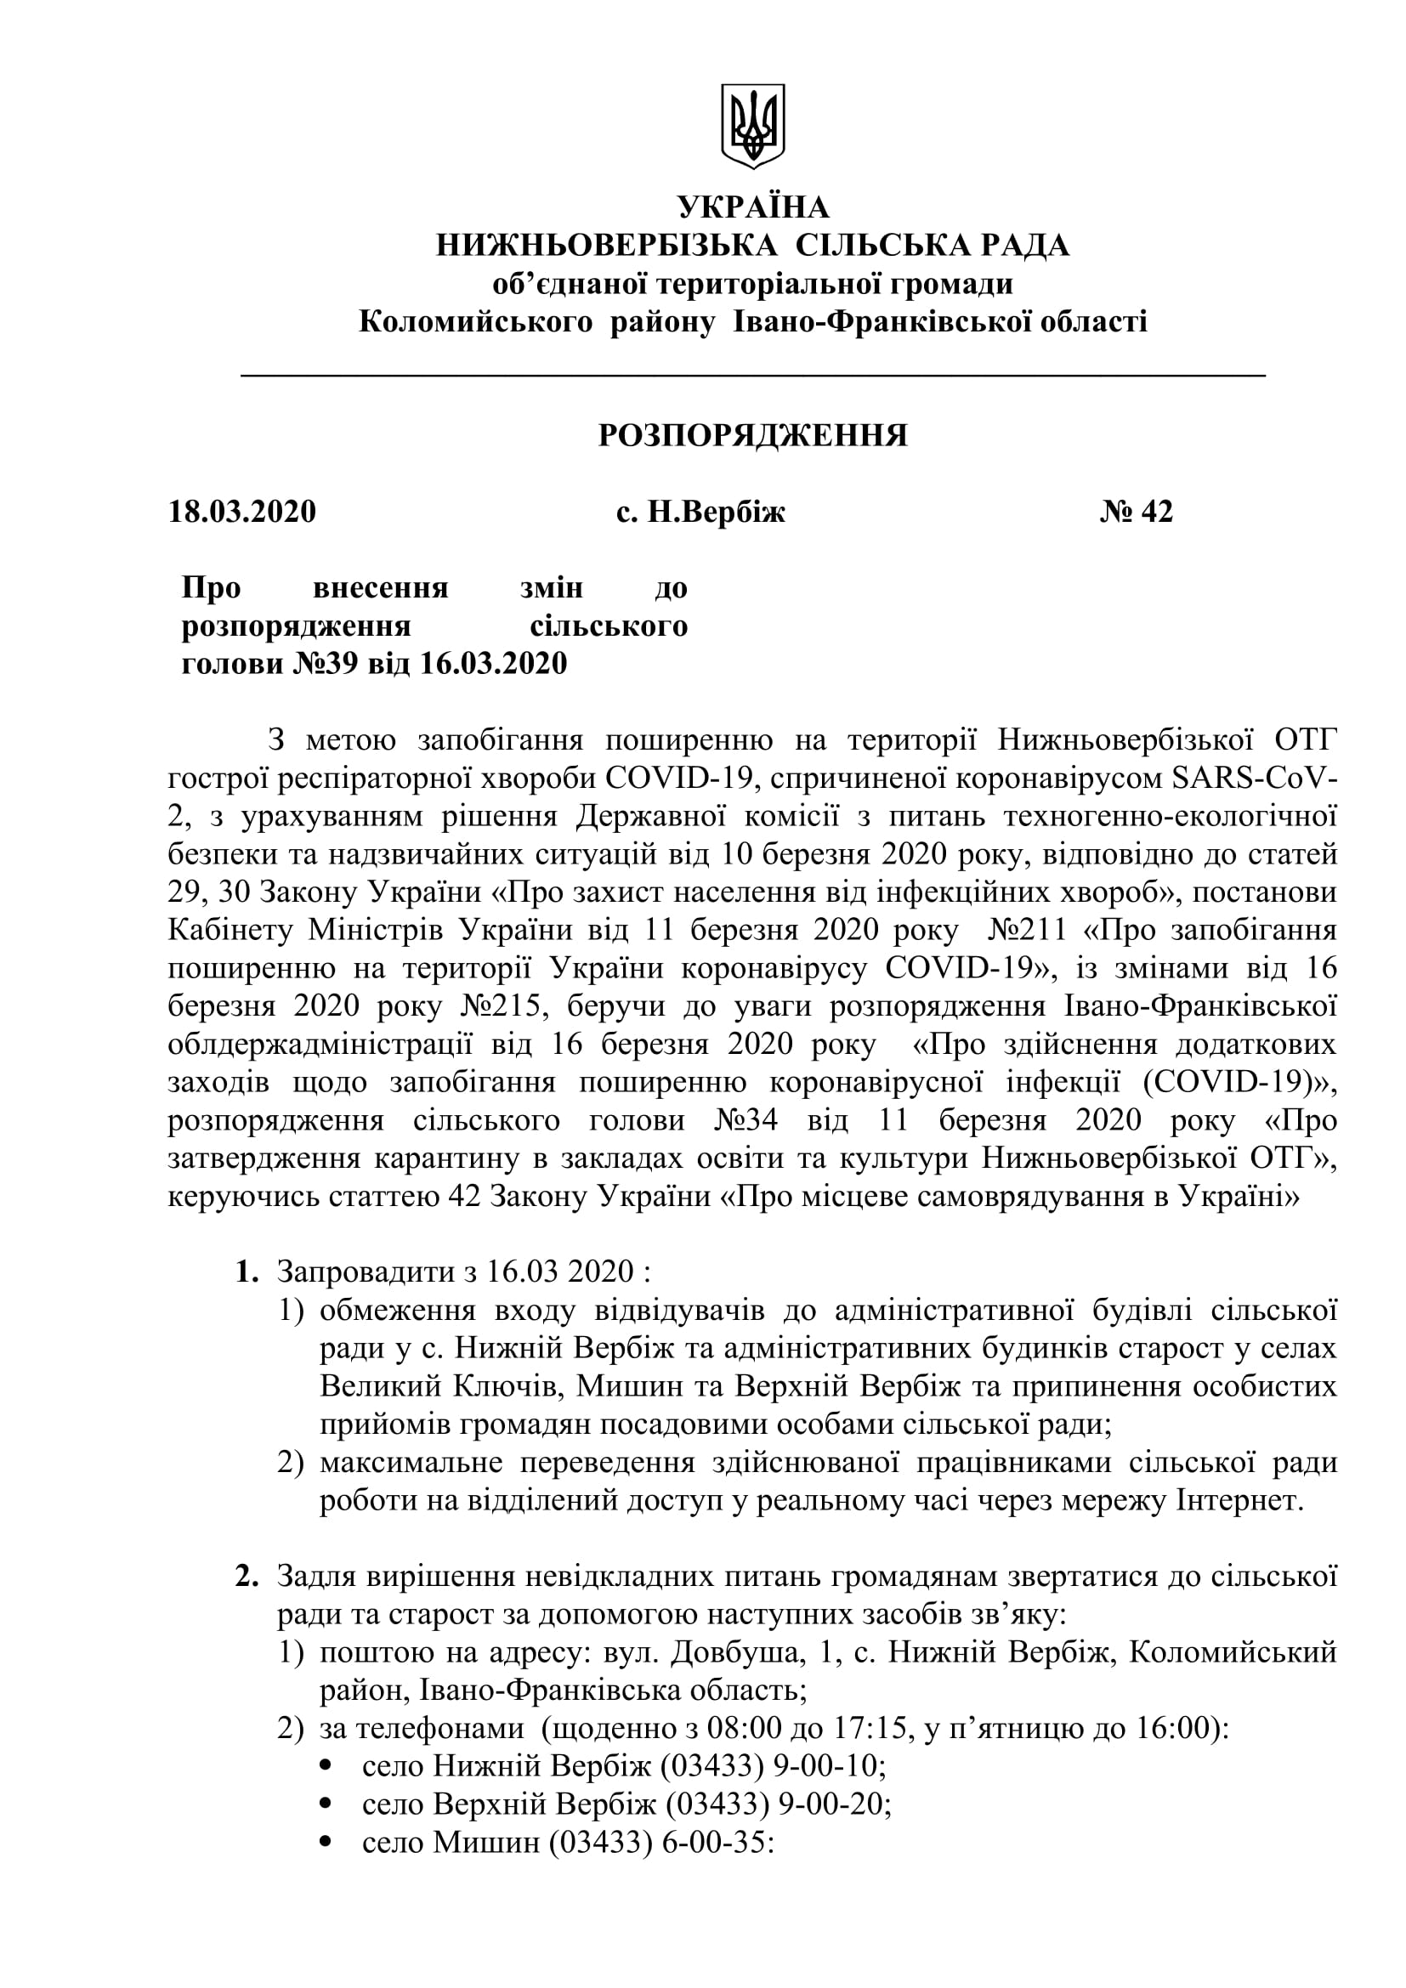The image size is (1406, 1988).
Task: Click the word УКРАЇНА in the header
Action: [x=752, y=207]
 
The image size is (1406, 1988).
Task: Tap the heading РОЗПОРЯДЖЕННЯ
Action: [x=752, y=435]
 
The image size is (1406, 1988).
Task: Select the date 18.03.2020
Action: [x=242, y=512]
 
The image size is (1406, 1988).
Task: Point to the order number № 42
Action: [x=1136, y=512]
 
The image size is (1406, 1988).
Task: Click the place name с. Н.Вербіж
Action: [x=700, y=513]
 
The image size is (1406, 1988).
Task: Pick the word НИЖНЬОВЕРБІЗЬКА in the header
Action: [x=606, y=246]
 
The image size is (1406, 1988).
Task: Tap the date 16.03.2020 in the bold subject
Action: [x=494, y=664]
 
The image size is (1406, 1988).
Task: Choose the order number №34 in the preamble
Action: [x=746, y=1121]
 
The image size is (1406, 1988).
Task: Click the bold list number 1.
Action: [x=247, y=1272]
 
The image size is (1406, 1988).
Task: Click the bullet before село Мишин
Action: [x=326, y=1844]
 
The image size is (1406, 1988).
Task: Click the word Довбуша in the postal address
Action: [x=735, y=1653]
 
